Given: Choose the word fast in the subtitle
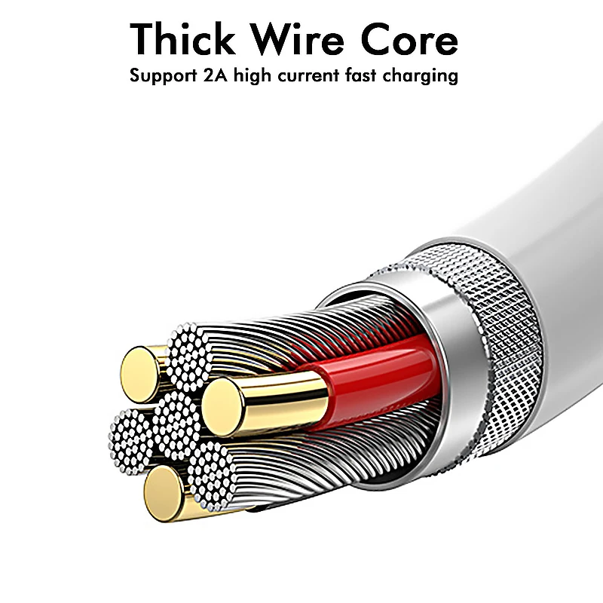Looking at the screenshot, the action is [x=375, y=75].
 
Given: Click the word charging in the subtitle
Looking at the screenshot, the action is [x=428, y=77].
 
